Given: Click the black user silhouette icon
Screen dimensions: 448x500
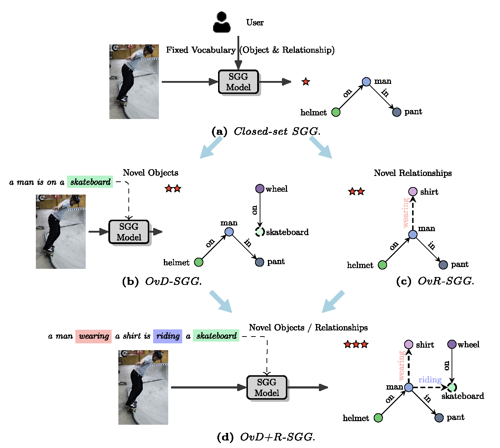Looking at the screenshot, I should click(x=222, y=22).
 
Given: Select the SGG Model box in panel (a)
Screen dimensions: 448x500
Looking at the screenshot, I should click(x=239, y=82).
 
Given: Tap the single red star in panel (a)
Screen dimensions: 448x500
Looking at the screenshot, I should click(x=306, y=82).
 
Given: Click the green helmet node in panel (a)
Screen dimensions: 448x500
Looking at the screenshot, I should click(x=336, y=112).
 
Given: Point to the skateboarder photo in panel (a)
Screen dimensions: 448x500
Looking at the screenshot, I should click(x=134, y=82).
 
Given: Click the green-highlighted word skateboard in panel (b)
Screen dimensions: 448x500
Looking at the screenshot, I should click(x=90, y=182).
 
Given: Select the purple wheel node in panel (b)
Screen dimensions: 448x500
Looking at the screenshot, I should click(x=260, y=189).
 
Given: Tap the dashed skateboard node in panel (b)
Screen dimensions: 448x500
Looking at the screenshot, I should click(x=260, y=232).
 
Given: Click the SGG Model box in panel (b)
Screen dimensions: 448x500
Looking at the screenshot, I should click(x=129, y=232).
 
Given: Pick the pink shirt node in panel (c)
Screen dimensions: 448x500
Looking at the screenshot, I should click(x=413, y=192).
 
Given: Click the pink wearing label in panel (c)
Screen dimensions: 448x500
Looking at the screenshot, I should click(x=406, y=213).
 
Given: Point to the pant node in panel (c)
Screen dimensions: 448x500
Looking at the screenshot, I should click(x=443, y=265).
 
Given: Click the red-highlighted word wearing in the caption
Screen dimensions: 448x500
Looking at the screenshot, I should click(x=94, y=336).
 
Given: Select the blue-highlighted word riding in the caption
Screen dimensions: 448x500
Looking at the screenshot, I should click(x=168, y=336).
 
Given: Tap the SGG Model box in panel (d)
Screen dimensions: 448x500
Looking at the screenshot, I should click(x=267, y=387).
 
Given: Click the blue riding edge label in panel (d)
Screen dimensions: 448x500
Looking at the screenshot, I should click(x=430, y=380).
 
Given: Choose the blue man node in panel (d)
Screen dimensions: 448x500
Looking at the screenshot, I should click(x=409, y=387).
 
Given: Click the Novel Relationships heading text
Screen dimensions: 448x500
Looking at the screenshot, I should click(x=413, y=173).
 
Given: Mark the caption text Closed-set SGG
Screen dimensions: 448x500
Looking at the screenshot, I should click(x=277, y=132).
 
